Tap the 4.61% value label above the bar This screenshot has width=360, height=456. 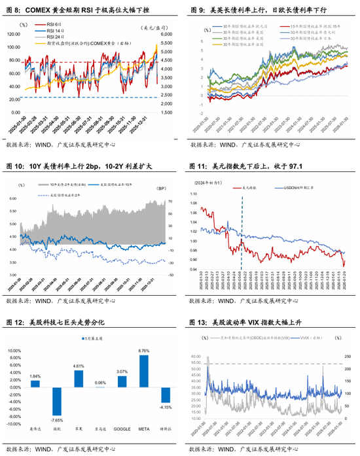point(79,366)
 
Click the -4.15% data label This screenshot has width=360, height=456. point(166,408)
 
